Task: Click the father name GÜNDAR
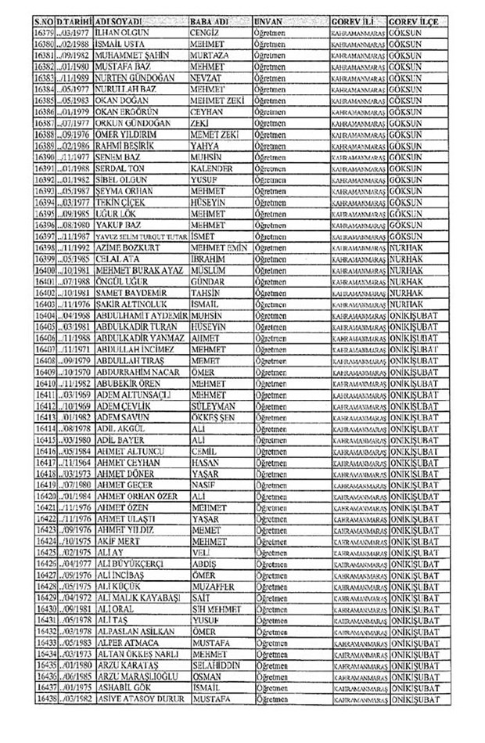click(x=209, y=278)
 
